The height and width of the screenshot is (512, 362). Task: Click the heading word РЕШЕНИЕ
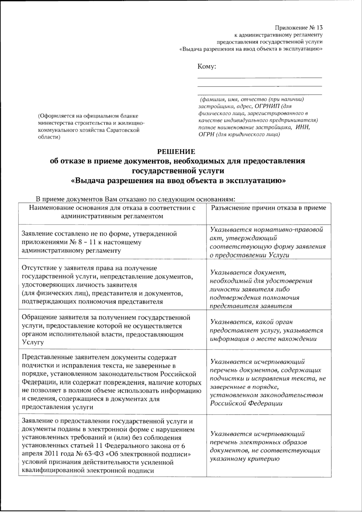tap(177, 151)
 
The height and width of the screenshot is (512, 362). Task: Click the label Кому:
tap(207, 67)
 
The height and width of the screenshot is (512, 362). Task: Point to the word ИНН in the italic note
tap(303, 127)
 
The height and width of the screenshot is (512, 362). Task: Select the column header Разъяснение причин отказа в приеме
tap(268, 208)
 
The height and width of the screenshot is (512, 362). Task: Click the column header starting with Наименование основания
tap(112, 212)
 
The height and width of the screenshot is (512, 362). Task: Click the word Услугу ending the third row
tap(33, 343)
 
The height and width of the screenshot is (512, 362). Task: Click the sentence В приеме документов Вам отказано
tap(135, 199)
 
